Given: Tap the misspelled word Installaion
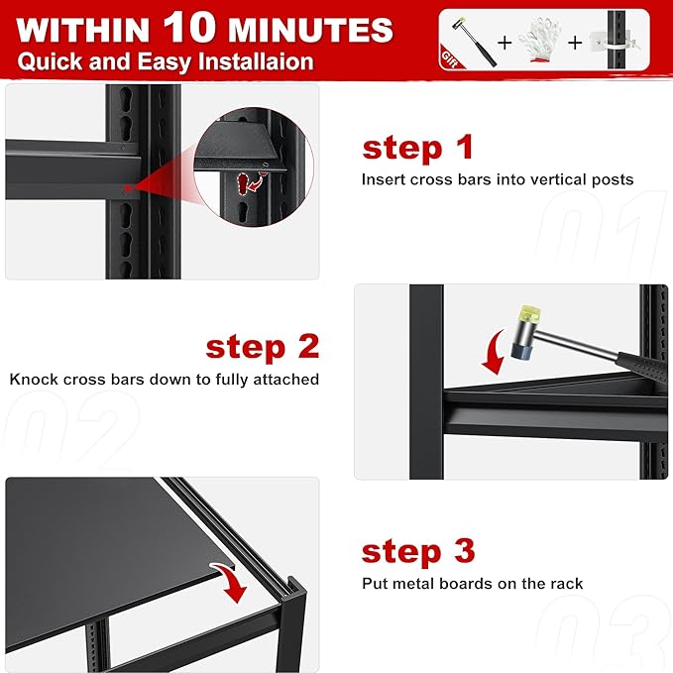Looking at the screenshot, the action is (256, 61).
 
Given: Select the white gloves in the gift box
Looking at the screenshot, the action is (539, 41).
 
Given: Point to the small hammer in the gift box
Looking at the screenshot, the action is (474, 42).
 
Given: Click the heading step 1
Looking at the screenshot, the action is (417, 148).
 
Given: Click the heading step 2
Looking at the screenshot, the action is (263, 347).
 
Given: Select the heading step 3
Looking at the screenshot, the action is (418, 551).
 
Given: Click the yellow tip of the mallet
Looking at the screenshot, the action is (529, 315).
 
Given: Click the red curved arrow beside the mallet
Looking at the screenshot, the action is (494, 352).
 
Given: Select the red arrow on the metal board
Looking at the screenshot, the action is (230, 582).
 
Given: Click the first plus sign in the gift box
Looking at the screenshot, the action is (505, 42).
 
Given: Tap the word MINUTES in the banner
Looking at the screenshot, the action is (310, 30).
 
